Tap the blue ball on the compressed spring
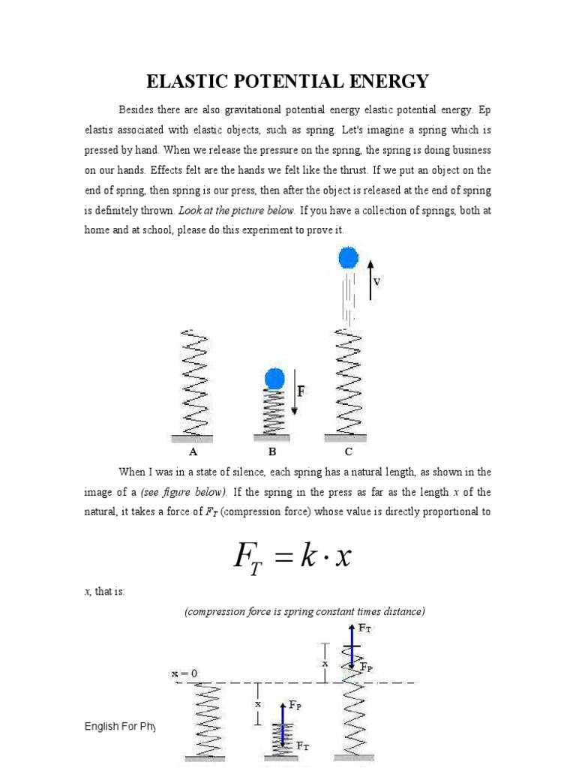274,378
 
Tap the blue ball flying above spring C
348,258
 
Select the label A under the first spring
193,452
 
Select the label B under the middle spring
273,452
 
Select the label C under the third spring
348,452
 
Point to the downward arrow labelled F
295,391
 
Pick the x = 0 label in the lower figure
184,673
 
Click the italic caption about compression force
304,612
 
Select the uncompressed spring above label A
193,382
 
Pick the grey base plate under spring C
346,437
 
